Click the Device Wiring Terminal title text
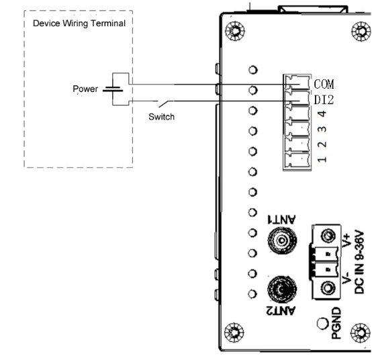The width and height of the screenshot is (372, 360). [79, 24]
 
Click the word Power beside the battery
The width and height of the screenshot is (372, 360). [85, 89]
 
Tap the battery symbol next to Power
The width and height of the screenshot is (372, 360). [113, 89]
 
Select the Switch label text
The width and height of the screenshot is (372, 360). [161, 117]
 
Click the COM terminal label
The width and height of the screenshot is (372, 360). [324, 84]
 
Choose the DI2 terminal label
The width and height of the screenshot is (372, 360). [324, 99]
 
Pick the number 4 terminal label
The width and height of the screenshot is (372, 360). [322, 114]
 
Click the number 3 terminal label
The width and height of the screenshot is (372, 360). [322, 130]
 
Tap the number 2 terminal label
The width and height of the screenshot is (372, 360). [322, 144]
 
